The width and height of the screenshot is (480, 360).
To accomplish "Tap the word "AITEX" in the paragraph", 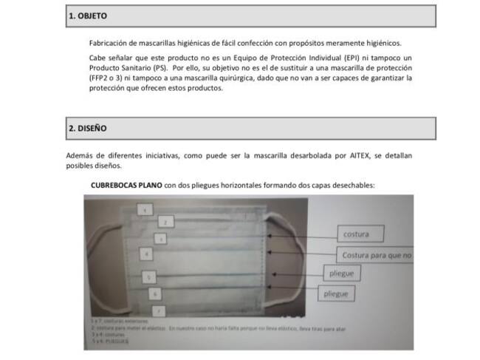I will [x=366, y=156].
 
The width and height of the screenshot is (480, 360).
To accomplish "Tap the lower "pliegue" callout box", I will [x=336, y=293].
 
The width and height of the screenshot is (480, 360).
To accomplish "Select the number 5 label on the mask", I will [x=150, y=276].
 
